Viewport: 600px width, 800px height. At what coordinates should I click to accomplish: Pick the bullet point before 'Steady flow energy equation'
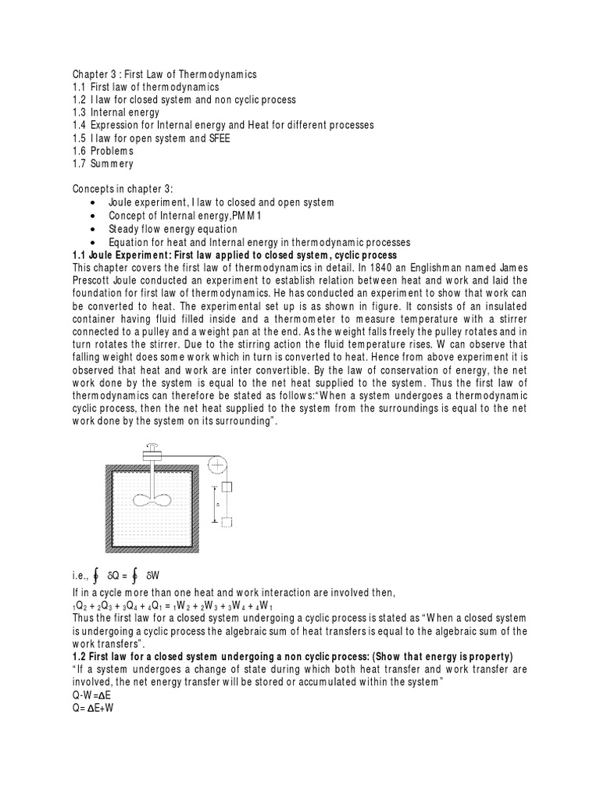93,230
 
